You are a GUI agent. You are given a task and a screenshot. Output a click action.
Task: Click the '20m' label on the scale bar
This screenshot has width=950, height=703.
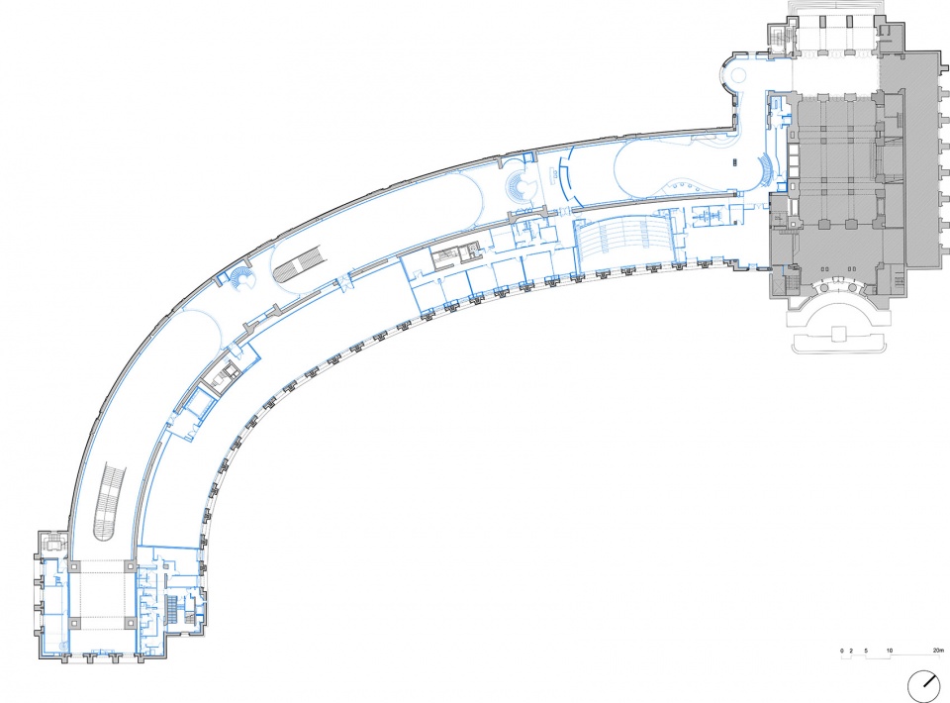[x=938, y=651]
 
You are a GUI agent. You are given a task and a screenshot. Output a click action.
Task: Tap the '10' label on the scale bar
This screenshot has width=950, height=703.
[x=890, y=651]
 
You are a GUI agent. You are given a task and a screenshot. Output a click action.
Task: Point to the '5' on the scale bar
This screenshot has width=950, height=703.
[x=866, y=651]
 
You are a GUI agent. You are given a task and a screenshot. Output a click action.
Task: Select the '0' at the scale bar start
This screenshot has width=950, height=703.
[x=842, y=651]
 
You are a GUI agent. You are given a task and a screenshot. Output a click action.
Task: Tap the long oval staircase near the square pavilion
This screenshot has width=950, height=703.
[x=110, y=501]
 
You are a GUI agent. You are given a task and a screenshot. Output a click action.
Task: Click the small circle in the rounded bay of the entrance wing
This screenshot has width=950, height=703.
[x=739, y=76]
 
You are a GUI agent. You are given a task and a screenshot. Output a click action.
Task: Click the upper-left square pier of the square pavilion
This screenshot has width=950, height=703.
[x=74, y=566]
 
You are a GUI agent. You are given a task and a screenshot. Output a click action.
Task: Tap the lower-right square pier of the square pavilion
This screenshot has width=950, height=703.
[x=131, y=622]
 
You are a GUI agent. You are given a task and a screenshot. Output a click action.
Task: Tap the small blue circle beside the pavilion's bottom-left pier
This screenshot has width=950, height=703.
[x=63, y=643]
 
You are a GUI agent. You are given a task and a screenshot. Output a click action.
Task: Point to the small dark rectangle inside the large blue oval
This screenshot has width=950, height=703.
[x=735, y=162]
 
